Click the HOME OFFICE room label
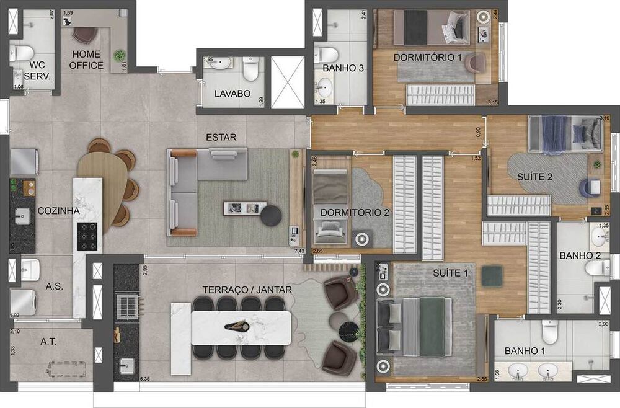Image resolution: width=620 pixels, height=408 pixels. point(86,60)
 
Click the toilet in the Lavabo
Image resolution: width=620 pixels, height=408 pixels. point(251,70)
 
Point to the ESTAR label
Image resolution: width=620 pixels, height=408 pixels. point(221,137)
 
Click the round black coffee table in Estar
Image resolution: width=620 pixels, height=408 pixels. point(271,215)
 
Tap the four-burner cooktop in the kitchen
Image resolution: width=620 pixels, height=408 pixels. point(86,236)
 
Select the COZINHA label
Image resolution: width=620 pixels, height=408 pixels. point(58,211)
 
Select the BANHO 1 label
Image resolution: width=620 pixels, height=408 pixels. point(525,351)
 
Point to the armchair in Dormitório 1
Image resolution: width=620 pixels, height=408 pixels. point(477,63)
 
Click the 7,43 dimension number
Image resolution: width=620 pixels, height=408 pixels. point(299,251)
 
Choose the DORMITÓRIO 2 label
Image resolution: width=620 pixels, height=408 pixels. point(355,213)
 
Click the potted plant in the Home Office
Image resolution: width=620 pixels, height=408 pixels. point(118,56)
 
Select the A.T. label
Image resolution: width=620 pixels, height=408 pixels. point(50,342)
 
